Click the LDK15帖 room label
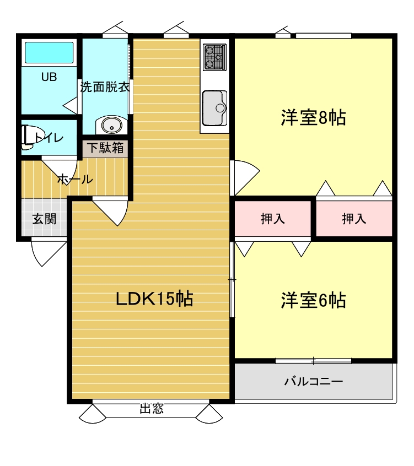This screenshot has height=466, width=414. point(154,299)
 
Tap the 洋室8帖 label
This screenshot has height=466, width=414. point(313,118)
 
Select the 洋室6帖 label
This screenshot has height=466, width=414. point(313,300)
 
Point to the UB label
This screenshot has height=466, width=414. point(49,77)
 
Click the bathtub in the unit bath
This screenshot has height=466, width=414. point(49,52)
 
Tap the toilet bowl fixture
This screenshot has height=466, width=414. point(32,137)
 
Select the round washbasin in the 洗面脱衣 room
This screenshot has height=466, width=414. point(112,125)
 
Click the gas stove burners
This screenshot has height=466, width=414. point(215,57)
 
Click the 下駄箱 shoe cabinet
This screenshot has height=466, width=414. point(105,148)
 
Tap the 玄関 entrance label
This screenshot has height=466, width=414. point(44,219)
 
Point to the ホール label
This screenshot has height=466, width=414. point(75,179)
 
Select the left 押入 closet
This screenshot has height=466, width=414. point(272,219)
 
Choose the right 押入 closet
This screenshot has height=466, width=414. point(354,219)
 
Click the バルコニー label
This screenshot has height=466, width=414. point(314,381)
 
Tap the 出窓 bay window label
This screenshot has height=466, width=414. point(152,408)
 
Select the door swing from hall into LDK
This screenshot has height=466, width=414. point(111,212)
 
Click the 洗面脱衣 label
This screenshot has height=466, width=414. point(105,87)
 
